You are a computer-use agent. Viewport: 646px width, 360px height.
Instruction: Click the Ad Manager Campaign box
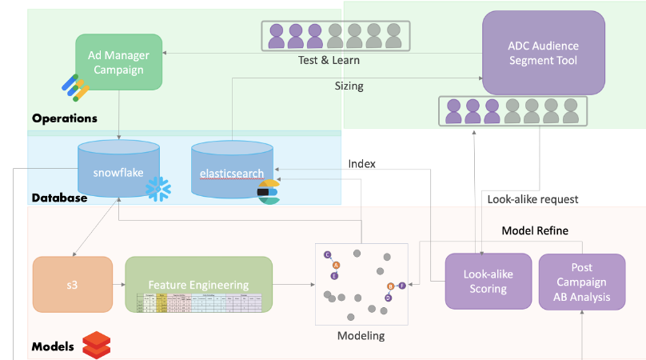point(119,62)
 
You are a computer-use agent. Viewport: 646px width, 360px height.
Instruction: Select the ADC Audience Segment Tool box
point(542,54)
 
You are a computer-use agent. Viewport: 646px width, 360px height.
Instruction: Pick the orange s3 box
point(73,284)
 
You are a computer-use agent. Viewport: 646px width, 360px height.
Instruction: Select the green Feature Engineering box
point(198,284)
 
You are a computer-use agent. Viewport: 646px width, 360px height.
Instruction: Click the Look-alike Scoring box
point(488,280)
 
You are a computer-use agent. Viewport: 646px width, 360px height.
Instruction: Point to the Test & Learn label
point(329,60)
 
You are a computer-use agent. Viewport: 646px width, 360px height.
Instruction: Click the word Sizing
point(349,86)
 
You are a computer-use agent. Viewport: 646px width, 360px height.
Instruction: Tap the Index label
point(361,163)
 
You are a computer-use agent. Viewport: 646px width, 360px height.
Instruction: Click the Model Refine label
point(535,230)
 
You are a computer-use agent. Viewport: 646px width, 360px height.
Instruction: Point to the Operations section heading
point(65,118)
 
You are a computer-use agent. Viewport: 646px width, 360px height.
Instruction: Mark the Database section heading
point(59,198)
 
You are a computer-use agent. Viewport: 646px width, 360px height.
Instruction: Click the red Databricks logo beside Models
point(96,344)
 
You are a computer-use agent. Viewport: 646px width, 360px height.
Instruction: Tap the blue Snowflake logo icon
point(158,189)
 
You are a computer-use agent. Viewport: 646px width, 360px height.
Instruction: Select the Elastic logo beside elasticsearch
point(268,193)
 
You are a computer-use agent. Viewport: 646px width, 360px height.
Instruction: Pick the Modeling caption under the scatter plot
point(360,336)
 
